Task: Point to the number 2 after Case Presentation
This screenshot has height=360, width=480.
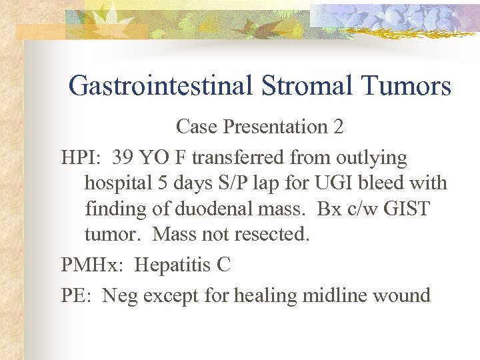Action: click(338, 127)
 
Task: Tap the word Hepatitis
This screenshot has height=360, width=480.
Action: click(172, 265)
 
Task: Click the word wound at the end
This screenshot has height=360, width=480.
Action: click(404, 294)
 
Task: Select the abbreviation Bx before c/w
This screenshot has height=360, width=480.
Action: click(329, 209)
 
